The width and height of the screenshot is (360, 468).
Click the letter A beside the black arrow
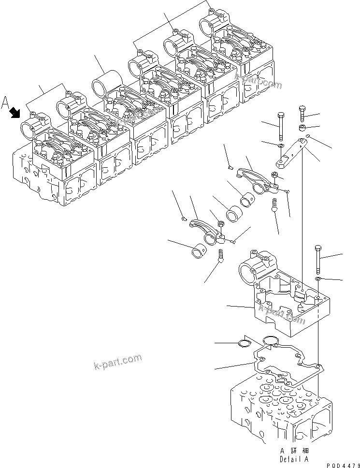(6, 102)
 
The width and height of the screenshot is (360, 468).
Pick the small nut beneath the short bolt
(302, 128)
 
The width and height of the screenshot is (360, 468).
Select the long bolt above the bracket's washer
(280, 126)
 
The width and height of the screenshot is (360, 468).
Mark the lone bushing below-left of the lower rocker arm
(199, 252)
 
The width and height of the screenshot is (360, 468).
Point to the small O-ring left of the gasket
(245, 344)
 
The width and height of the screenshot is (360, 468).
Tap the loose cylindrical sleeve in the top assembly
(107, 81)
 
